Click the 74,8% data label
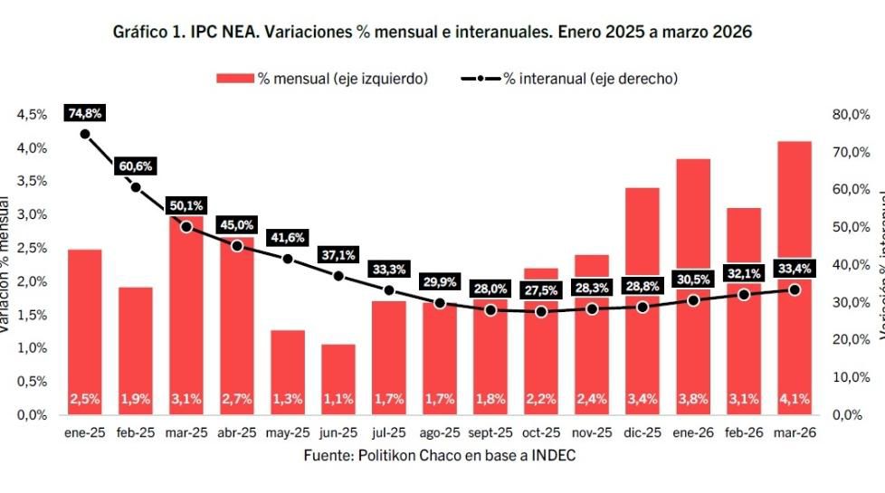point(85,113)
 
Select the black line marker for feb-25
point(136,187)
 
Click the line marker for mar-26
point(795,289)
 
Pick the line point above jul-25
point(389,290)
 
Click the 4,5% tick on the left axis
point(33,115)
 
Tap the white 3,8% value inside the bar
point(693,399)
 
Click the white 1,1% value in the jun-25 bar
point(338,399)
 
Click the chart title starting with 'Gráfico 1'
point(432,32)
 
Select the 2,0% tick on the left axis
point(33,281)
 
